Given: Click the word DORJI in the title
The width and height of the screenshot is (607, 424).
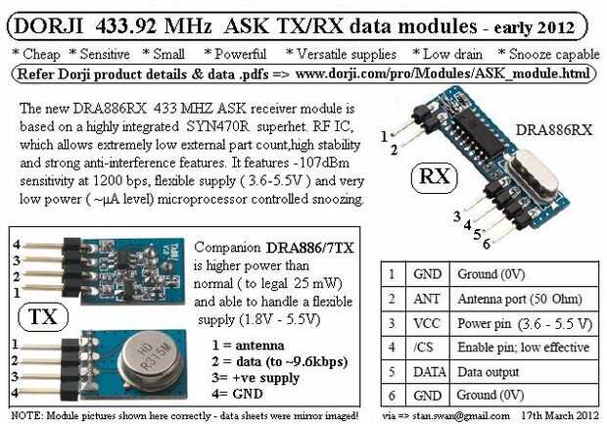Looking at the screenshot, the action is (49, 26).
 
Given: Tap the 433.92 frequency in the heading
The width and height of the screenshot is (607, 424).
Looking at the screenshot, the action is (126, 26).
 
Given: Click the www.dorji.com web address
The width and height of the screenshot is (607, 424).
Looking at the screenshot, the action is (443, 73).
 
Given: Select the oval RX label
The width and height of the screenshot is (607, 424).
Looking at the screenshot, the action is (435, 178).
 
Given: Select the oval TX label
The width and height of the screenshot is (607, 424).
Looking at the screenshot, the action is (43, 317).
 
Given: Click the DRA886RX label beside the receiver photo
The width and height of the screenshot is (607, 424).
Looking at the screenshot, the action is (554, 130).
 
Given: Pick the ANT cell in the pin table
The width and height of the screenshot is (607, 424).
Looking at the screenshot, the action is (427, 299).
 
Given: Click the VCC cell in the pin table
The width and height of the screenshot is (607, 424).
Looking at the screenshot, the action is (427, 323).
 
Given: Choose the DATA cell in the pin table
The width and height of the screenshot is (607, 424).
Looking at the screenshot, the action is (428, 372).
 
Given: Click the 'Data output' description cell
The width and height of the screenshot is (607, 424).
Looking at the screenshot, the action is (489, 372).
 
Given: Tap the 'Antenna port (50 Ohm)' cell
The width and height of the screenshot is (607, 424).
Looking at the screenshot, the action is (520, 299).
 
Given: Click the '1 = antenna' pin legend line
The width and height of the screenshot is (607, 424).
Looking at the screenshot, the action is (248, 345).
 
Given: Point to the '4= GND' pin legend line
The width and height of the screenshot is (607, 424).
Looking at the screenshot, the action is (237, 394).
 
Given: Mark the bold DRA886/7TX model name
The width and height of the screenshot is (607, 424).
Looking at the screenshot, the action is (309, 248).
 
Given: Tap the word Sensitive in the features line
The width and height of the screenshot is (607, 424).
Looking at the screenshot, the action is (105, 54).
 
